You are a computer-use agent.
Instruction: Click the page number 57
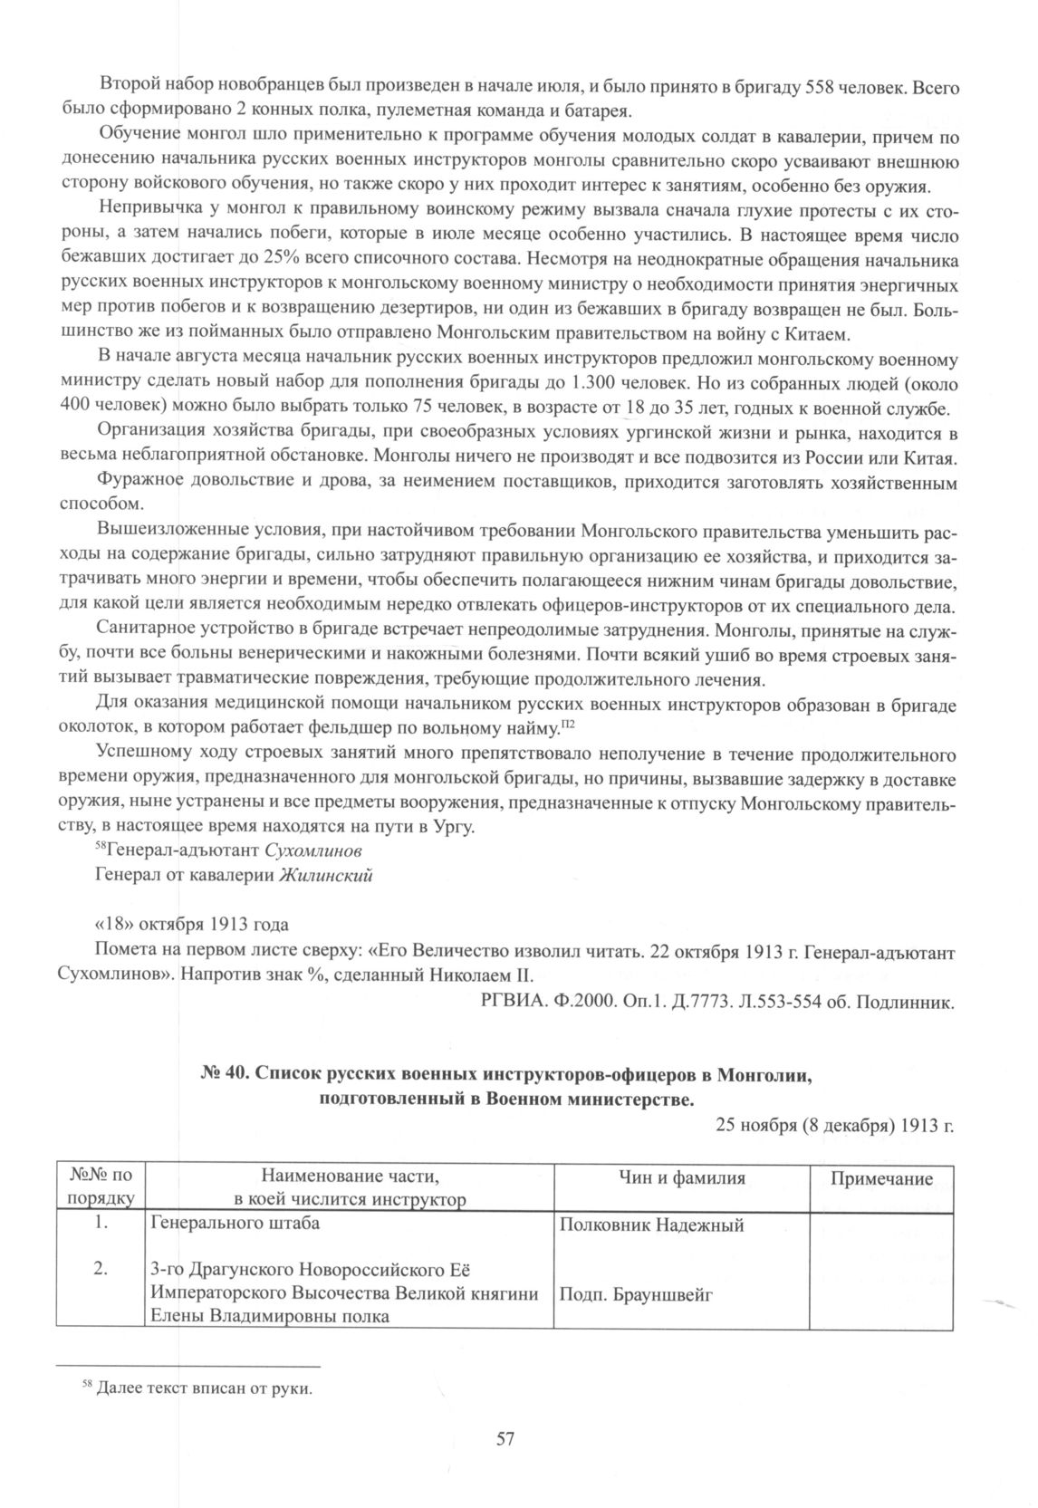[505, 1437]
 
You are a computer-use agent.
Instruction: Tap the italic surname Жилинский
[326, 875]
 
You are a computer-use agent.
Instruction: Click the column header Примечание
[882, 1178]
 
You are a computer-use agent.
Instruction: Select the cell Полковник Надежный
[652, 1225]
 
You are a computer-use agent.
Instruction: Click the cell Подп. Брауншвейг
[636, 1294]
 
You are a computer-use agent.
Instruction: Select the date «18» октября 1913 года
[192, 925]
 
